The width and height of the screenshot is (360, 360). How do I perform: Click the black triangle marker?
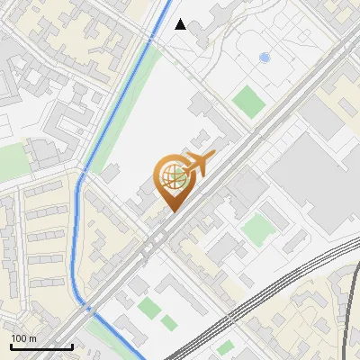(x=181, y=24)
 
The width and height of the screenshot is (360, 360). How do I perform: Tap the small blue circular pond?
(x=264, y=58)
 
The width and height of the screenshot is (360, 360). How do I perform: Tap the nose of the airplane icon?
(x=214, y=155)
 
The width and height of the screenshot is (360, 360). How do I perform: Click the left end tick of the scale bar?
(x=11, y=346)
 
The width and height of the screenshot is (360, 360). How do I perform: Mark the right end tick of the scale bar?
(x=72, y=346)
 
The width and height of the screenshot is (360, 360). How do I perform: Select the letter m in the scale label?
(x=32, y=338)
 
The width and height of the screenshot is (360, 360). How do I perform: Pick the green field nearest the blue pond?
(x=248, y=99)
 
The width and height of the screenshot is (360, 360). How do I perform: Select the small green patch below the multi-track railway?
(x=226, y=347)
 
